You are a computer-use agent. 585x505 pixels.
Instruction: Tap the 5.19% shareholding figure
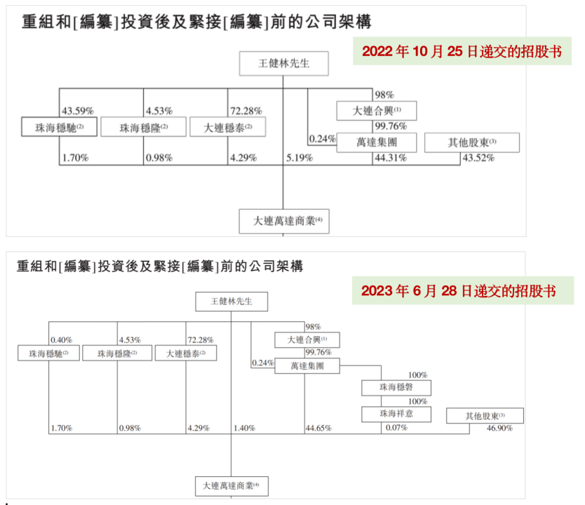(299, 158)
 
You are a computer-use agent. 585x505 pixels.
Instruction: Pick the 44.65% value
(318, 428)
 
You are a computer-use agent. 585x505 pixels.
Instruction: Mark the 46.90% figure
(499, 428)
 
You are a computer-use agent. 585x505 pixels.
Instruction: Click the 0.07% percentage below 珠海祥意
(396, 428)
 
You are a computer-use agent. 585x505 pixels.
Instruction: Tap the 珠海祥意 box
(396, 415)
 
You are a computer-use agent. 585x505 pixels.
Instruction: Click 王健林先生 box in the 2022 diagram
(283, 64)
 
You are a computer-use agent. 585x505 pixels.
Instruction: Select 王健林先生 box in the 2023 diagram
(231, 302)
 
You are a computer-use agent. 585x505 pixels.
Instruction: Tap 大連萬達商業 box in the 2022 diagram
(283, 221)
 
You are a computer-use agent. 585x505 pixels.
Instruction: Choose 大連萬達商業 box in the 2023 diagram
(231, 485)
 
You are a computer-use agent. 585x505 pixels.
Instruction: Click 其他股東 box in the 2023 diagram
(485, 416)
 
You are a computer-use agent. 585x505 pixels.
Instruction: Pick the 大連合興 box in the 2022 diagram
(377, 111)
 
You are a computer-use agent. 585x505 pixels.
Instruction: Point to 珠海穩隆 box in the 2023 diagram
(117, 353)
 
